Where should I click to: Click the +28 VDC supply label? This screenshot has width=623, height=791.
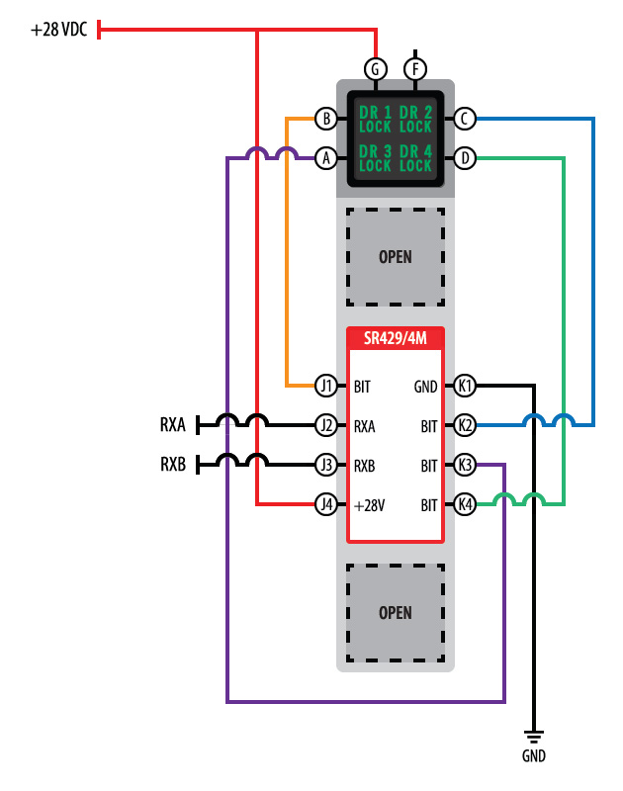pyautogui.click(x=59, y=30)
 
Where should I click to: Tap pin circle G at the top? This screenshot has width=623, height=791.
pyautogui.click(x=375, y=69)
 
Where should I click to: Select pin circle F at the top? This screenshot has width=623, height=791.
pyautogui.click(x=415, y=69)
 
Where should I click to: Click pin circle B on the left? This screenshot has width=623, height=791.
pyautogui.click(x=325, y=120)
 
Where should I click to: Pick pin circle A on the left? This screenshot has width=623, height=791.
pyautogui.click(x=325, y=157)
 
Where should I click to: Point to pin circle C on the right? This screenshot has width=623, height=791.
pyautogui.click(x=465, y=120)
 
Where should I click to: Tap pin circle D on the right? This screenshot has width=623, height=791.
pyautogui.click(x=465, y=157)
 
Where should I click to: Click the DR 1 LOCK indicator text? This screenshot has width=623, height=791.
pyautogui.click(x=376, y=120)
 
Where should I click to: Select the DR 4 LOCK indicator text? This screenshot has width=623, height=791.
pyautogui.click(x=416, y=158)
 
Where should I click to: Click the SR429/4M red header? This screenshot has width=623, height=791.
pyautogui.click(x=395, y=337)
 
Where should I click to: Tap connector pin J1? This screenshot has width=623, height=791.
pyautogui.click(x=325, y=385)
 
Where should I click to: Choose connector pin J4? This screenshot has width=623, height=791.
pyautogui.click(x=325, y=504)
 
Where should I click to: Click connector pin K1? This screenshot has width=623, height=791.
pyautogui.click(x=465, y=385)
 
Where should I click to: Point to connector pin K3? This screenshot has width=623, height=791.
pyautogui.click(x=465, y=464)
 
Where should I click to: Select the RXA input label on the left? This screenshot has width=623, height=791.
pyautogui.click(x=173, y=425)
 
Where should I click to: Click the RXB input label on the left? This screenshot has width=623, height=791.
pyautogui.click(x=173, y=464)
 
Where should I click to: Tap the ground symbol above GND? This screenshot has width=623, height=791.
pyautogui.click(x=534, y=737)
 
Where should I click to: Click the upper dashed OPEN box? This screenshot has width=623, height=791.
pyautogui.click(x=395, y=257)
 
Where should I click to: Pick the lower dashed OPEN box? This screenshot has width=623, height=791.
pyautogui.click(x=395, y=613)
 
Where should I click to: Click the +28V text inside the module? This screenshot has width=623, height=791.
pyautogui.click(x=369, y=505)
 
